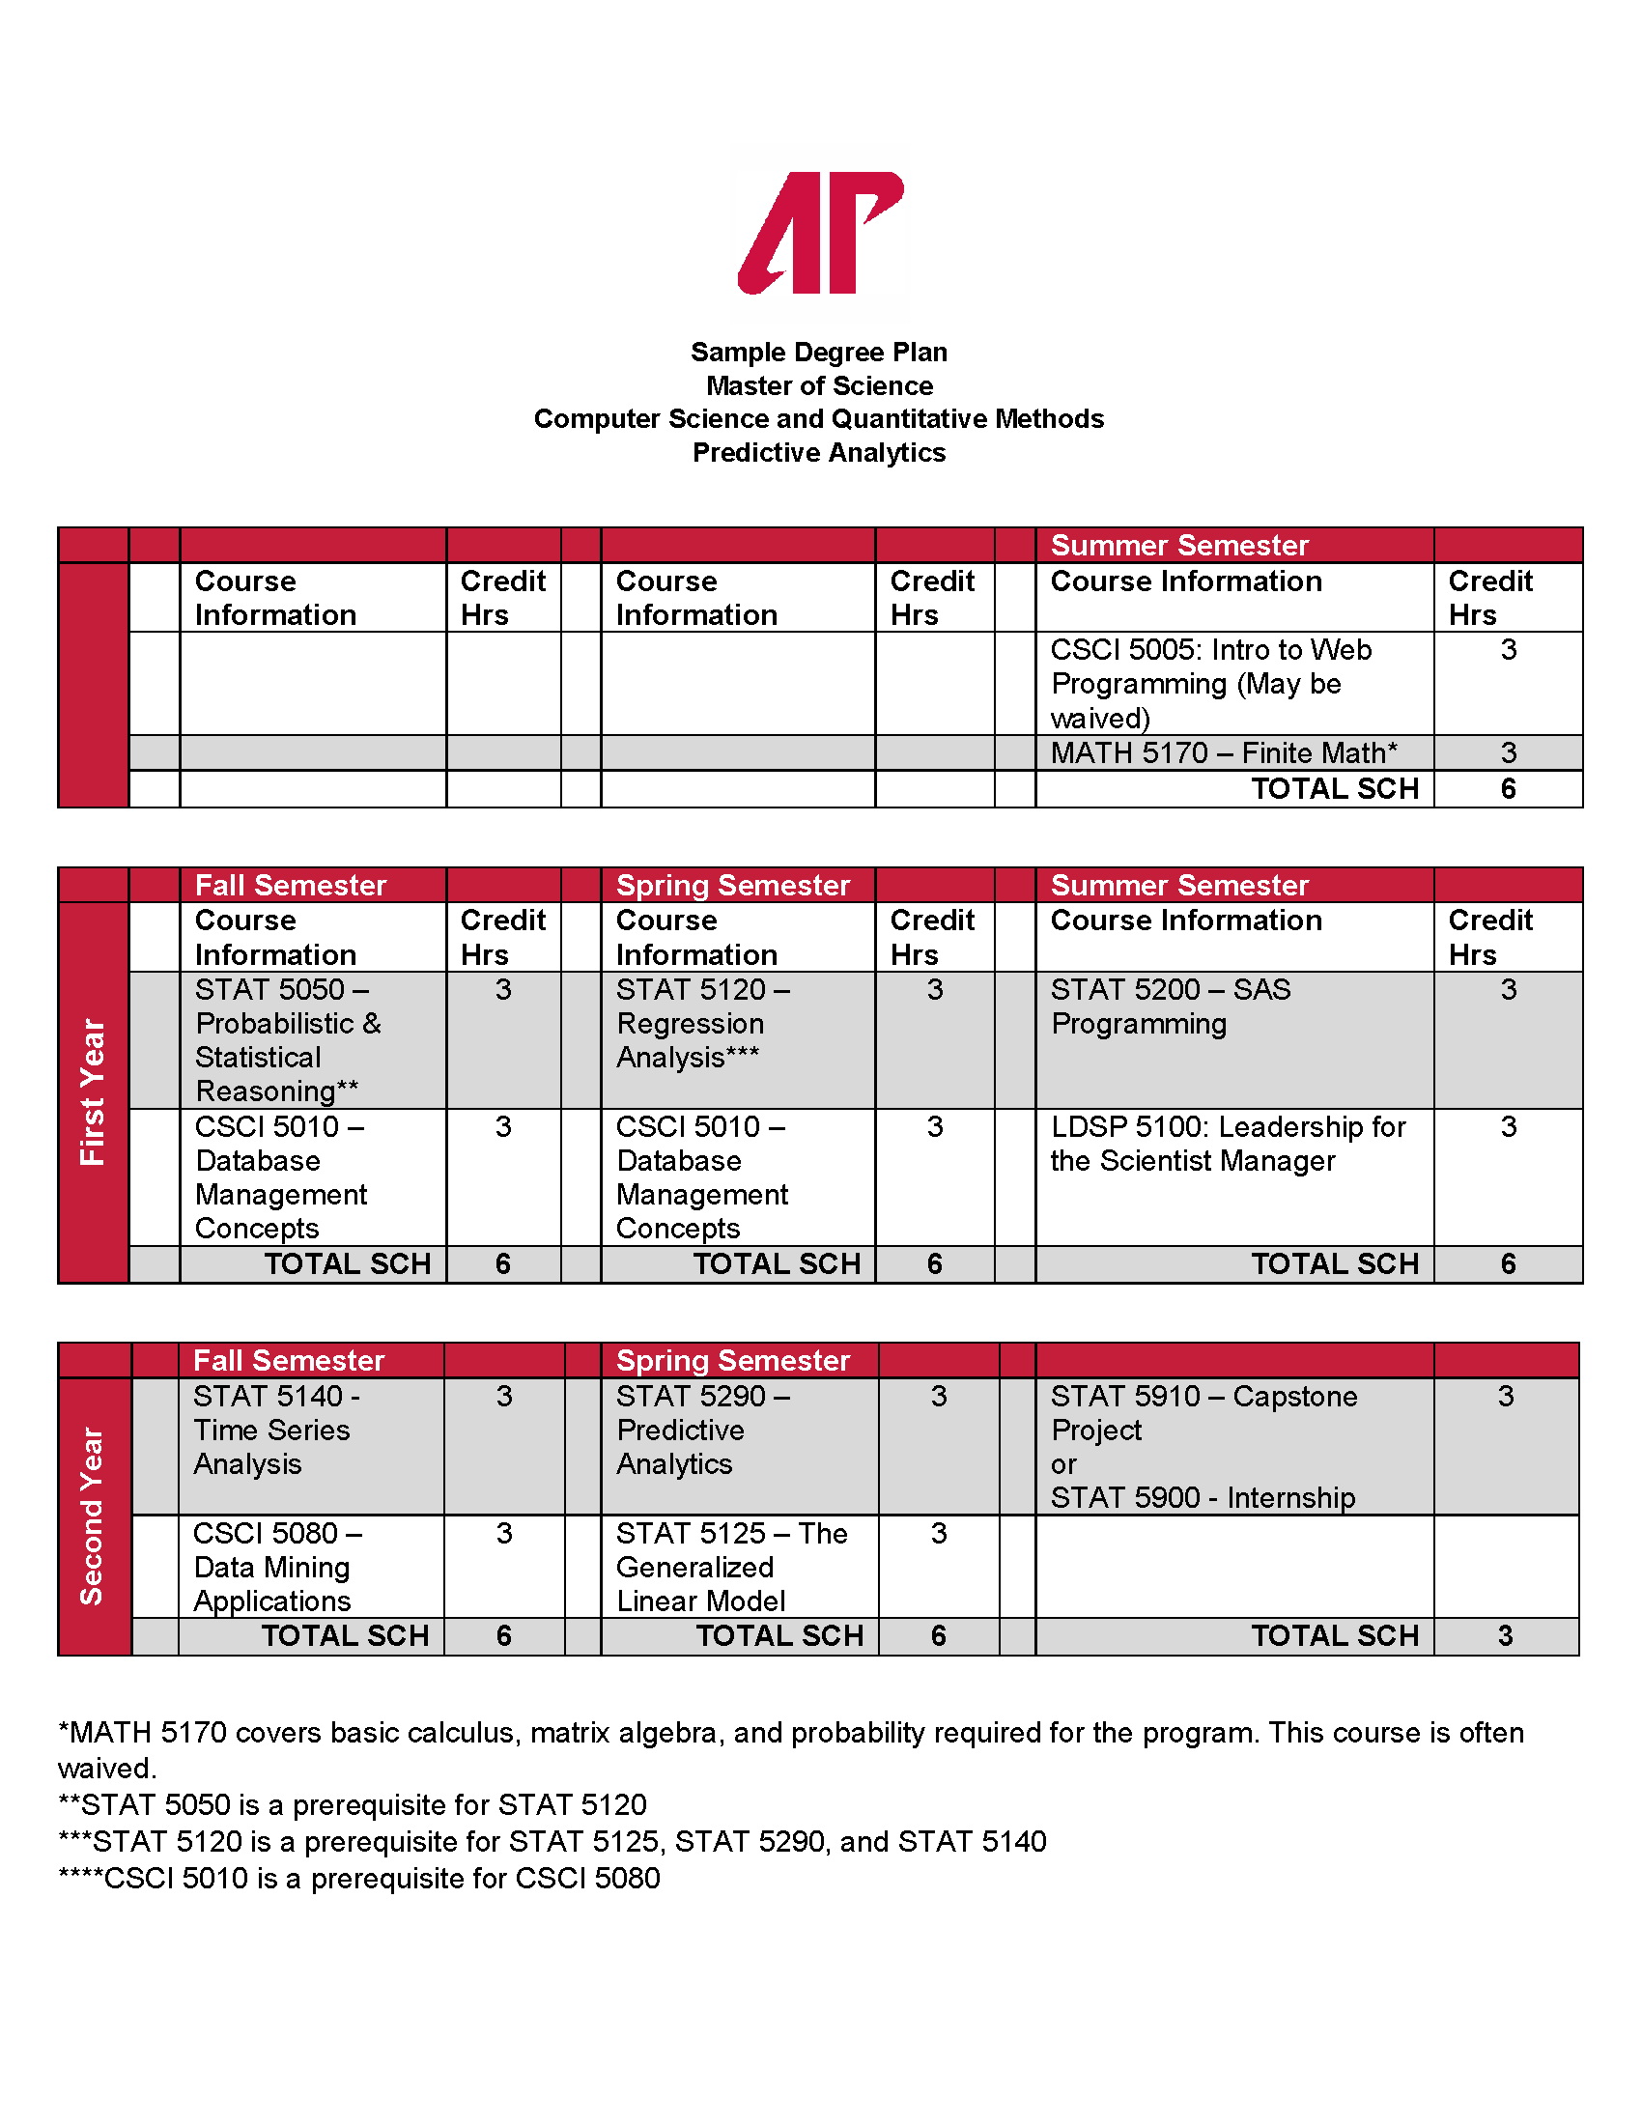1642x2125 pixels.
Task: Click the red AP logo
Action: click(820, 233)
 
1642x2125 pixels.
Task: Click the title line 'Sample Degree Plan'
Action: click(819, 352)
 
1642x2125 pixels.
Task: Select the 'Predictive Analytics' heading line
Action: click(819, 452)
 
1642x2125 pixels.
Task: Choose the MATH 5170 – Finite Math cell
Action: click(1224, 752)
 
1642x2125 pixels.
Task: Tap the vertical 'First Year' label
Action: click(93, 1091)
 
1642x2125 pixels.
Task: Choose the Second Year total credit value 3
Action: click(1505, 1635)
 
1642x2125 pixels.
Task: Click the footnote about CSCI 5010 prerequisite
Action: click(360, 1878)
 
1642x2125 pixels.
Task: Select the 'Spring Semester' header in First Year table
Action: click(733, 885)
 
